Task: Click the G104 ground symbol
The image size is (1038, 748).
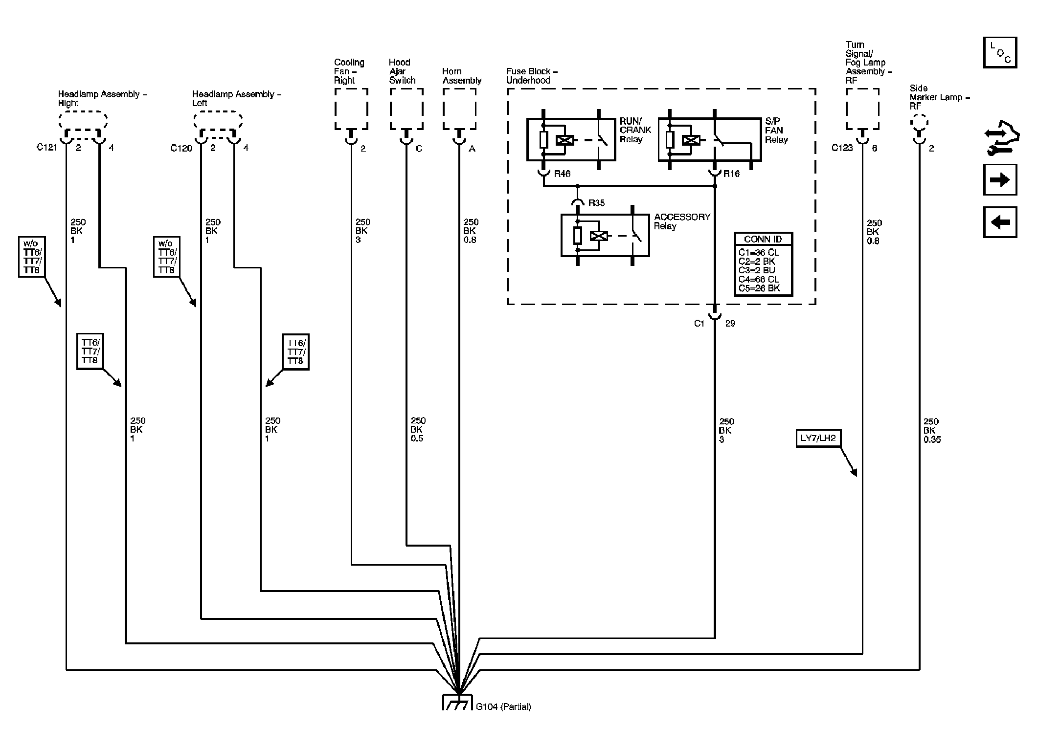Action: pyautogui.click(x=457, y=702)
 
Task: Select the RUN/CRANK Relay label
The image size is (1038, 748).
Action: pyautogui.click(x=635, y=130)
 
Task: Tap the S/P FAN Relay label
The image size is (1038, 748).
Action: pyautogui.click(x=776, y=131)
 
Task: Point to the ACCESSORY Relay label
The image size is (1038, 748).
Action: pyautogui.click(x=682, y=221)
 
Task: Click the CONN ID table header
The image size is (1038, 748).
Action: pyautogui.click(x=763, y=239)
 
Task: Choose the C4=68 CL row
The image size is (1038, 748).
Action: pyautogui.click(x=759, y=279)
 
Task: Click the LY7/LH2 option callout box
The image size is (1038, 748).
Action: pyautogui.click(x=818, y=438)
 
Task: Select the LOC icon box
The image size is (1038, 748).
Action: pyautogui.click(x=1000, y=52)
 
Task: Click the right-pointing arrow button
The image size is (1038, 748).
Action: pyautogui.click(x=1000, y=180)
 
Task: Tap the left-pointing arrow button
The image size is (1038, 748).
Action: pyautogui.click(x=1000, y=222)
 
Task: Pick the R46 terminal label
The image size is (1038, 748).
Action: pyautogui.click(x=562, y=174)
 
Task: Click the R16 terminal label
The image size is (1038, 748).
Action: pyautogui.click(x=731, y=174)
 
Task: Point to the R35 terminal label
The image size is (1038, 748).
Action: pyautogui.click(x=596, y=203)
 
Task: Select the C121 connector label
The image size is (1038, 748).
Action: pyautogui.click(x=47, y=147)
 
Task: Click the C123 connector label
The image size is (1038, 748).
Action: pyautogui.click(x=842, y=148)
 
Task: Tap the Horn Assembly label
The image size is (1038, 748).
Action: pyautogui.click(x=462, y=76)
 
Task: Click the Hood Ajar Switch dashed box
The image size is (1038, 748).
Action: pyautogui.click(x=406, y=109)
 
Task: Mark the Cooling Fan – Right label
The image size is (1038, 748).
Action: pyautogui.click(x=349, y=71)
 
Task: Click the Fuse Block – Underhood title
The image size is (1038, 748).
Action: pyautogui.click(x=532, y=76)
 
